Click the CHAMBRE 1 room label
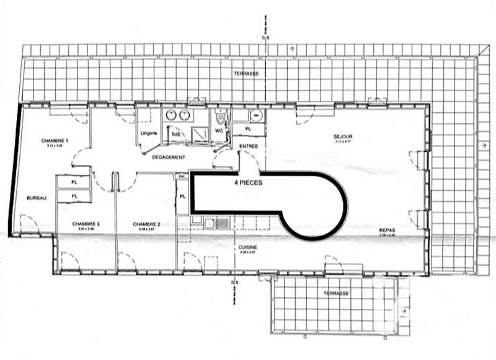(54, 141)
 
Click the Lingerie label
(149, 133)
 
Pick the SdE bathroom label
(176, 133)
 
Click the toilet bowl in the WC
(220, 117)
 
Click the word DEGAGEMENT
(169, 157)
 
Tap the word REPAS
(387, 230)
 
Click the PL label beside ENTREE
(247, 129)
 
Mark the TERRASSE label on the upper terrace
(246, 73)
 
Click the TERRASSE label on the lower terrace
(335, 292)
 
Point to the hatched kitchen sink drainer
(223, 222)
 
